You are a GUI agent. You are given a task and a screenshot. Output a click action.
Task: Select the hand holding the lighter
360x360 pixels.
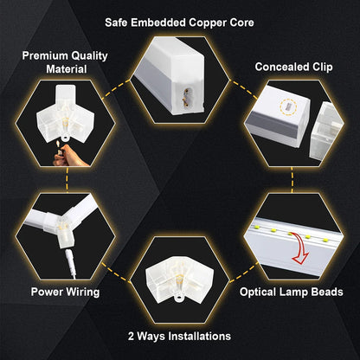tap(59, 157)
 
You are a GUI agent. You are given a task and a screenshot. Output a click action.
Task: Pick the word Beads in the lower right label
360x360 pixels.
tap(326, 292)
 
